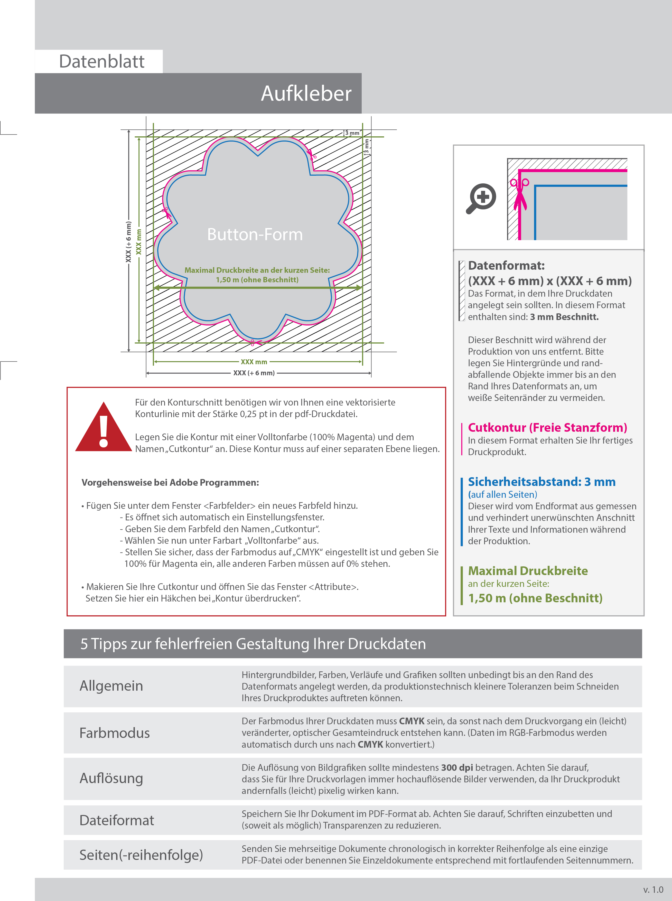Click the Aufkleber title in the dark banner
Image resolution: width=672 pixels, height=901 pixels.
tap(306, 93)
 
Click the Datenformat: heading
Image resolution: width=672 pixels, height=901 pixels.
tap(506, 266)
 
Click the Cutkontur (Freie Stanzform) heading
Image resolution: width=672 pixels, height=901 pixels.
tap(547, 428)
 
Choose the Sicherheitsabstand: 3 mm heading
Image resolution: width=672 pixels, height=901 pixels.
tap(542, 482)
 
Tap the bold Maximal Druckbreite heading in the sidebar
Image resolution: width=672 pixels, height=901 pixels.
tap(528, 571)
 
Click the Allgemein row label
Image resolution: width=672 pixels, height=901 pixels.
tap(111, 686)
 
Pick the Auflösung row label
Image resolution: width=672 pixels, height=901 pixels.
tap(111, 778)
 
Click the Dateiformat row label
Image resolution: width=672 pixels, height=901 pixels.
tap(116, 820)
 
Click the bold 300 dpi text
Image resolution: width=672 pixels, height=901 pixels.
tap(457, 768)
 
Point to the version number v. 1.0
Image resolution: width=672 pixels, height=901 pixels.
tap(653, 890)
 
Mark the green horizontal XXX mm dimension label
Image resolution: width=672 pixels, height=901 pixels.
tap(254, 362)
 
